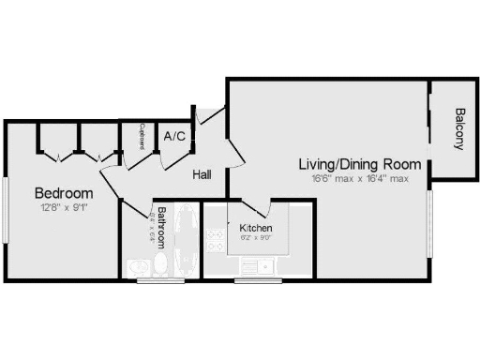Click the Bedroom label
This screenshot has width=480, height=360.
(64, 193)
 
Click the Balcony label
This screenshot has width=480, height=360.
(459, 129)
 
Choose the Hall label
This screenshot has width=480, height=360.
(202, 174)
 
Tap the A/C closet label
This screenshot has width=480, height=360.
(174, 136)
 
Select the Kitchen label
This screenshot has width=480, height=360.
(256, 228)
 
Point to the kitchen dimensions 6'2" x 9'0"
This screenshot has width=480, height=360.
(256, 238)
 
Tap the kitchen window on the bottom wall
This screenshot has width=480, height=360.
(251, 279)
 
